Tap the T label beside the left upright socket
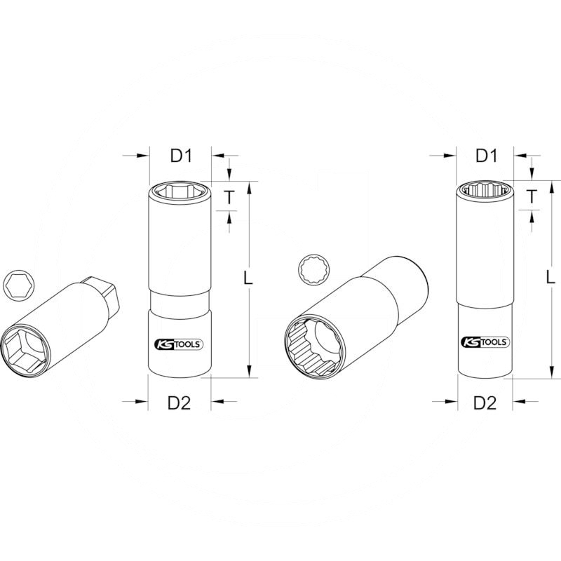[229, 198]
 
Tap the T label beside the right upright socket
[532, 198]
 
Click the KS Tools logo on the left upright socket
[180, 343]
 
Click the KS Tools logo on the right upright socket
[485, 343]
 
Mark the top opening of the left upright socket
[181, 190]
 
